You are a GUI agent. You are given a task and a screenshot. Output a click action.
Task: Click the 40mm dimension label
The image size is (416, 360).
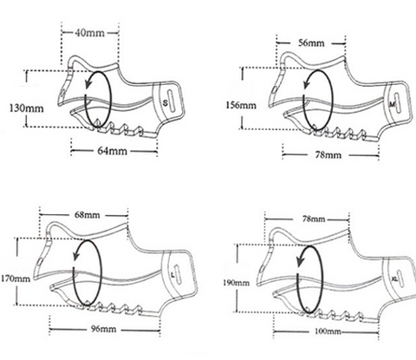(90, 33)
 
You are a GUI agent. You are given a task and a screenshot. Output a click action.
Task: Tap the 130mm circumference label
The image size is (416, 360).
(27, 108)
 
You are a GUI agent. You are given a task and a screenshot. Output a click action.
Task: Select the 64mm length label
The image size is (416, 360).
(112, 151)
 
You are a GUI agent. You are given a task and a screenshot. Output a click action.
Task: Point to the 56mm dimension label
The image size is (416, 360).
(311, 43)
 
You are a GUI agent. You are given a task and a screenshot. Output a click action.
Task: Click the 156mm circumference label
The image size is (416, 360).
(241, 105)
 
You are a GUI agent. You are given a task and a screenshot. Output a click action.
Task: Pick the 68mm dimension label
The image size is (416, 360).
(88, 215)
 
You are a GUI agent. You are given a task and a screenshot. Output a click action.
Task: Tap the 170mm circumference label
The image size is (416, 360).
(16, 278)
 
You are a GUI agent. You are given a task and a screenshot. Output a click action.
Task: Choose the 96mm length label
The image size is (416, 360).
(104, 329)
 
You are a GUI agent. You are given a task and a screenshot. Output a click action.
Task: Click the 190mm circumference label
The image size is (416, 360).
(236, 283)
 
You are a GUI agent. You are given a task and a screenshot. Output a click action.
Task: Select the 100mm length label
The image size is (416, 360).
(328, 331)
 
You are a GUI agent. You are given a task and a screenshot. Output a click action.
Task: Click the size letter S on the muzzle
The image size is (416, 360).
(165, 102)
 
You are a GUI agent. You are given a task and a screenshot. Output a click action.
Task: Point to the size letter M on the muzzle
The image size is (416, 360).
(392, 104)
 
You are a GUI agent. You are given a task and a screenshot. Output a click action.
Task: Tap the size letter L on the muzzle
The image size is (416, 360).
(173, 275)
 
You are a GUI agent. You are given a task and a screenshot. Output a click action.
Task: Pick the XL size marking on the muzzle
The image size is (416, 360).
(394, 279)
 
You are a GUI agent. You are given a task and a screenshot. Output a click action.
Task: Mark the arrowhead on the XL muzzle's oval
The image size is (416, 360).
(300, 262)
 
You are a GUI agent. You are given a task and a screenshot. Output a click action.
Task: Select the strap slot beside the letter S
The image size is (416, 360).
(170, 101)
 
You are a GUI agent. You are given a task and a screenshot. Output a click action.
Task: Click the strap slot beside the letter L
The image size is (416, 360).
(179, 276)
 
